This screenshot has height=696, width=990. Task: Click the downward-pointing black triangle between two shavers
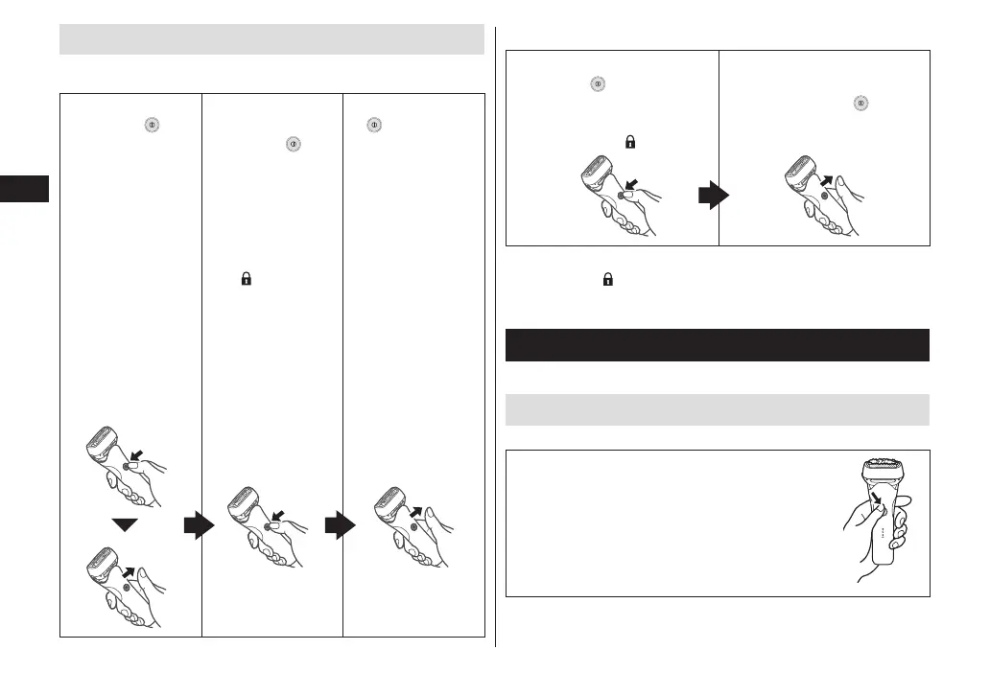pyautogui.click(x=131, y=523)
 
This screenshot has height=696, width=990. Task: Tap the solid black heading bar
pyautogui.click(x=718, y=345)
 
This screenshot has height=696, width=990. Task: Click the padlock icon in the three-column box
pyautogui.click(x=246, y=280)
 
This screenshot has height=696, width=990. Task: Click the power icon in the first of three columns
pyautogui.click(x=151, y=125)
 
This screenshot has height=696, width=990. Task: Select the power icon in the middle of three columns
pyautogui.click(x=288, y=144)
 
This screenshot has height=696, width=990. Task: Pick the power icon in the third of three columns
pyautogui.click(x=374, y=125)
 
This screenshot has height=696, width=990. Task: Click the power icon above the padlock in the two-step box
pyautogui.click(x=597, y=84)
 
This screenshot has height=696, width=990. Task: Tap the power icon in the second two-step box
pyautogui.click(x=861, y=103)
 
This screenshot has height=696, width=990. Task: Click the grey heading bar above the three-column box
pyautogui.click(x=271, y=40)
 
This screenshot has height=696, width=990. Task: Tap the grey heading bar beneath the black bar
pyautogui.click(x=718, y=409)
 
